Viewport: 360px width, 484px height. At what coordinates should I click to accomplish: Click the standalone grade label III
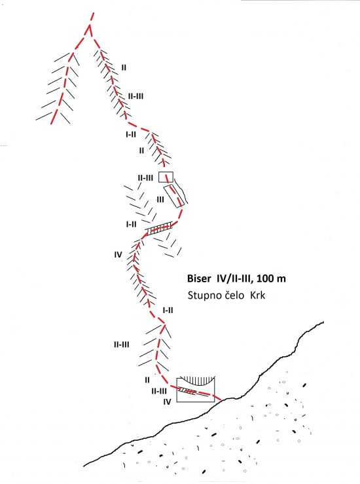[160, 200]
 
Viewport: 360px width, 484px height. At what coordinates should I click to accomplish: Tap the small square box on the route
[166, 177]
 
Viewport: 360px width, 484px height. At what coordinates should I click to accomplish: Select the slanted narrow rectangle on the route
[174, 196]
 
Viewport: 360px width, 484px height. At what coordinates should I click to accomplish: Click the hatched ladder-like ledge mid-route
[159, 229]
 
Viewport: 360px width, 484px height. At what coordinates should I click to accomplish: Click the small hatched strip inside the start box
[187, 391]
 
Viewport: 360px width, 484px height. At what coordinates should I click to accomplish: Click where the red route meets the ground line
[221, 400]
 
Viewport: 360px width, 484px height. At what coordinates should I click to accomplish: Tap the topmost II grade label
[124, 67]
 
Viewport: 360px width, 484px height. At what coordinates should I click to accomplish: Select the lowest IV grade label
[167, 401]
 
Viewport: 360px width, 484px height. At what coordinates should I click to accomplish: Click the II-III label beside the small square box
[145, 178]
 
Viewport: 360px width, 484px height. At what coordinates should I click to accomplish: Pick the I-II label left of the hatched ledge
[131, 224]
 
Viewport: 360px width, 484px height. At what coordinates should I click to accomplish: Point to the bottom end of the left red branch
[51, 124]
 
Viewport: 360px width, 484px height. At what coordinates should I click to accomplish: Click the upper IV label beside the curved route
[118, 255]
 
